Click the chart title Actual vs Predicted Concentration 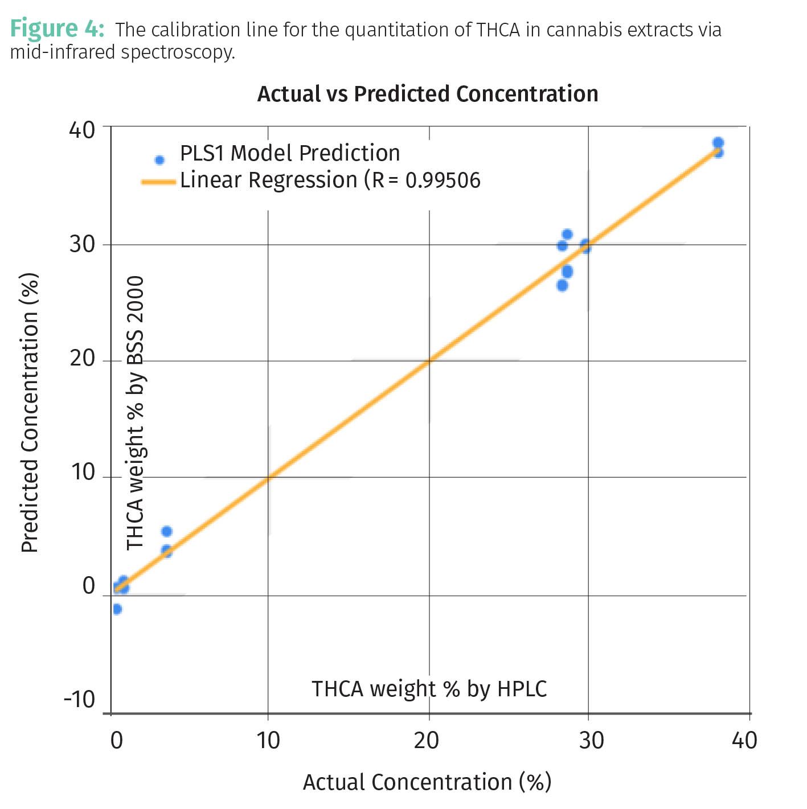[428, 94]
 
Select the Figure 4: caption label [57, 28]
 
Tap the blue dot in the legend [159, 160]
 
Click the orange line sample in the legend [158, 182]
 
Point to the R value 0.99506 [443, 180]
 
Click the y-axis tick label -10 [79, 699]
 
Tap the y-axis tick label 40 [83, 130]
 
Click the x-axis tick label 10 [268, 741]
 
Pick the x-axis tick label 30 [591, 741]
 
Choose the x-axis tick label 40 [744, 741]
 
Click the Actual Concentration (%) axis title [427, 782]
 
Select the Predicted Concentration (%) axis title [30, 413]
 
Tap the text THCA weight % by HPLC [429, 689]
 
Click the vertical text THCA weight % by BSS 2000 [135, 413]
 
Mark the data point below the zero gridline [117, 609]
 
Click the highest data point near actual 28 [567, 235]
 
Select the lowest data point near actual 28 [562, 285]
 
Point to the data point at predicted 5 [166, 531]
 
